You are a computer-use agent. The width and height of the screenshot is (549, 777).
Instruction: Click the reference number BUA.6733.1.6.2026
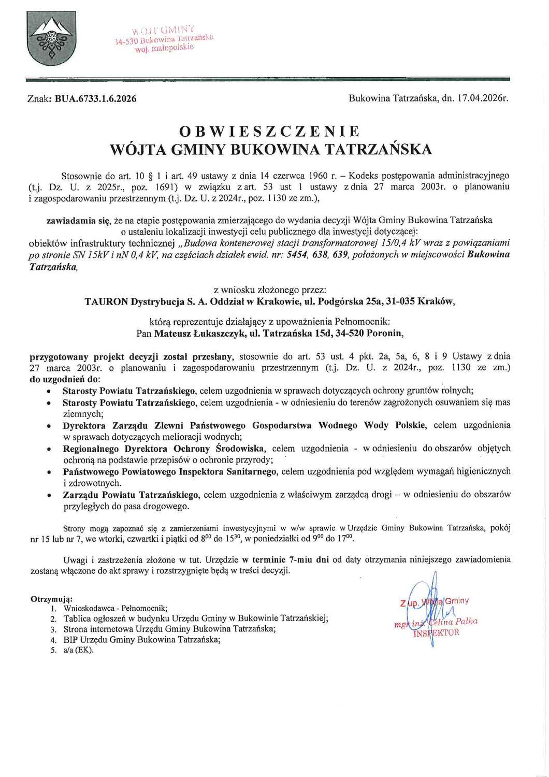click(x=95, y=98)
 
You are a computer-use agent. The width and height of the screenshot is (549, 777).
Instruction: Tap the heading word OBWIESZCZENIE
click(x=271, y=131)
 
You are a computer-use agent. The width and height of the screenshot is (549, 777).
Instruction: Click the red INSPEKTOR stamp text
click(x=436, y=632)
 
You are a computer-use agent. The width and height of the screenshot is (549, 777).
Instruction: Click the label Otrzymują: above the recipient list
click(x=52, y=599)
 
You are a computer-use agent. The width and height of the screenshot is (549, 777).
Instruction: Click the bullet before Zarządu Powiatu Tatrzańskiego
click(x=48, y=496)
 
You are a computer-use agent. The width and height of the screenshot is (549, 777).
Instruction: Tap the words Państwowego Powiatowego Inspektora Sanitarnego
click(x=170, y=472)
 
